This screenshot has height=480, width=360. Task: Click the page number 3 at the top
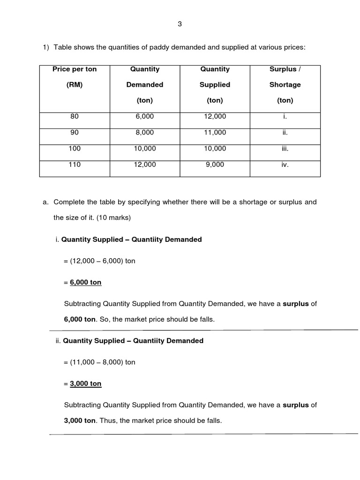coord(180,25)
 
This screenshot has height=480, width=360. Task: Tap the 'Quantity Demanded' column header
coord(145,84)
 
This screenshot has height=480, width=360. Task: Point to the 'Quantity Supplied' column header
coord(215,84)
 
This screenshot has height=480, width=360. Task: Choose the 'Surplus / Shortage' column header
coord(285,84)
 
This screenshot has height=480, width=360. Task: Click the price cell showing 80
coord(75,117)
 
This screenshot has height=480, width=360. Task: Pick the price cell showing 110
coord(75,165)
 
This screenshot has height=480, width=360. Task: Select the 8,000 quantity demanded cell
coord(145,133)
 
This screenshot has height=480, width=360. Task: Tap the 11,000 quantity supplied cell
coord(215,133)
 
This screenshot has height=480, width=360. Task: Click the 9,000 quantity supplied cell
coord(215,165)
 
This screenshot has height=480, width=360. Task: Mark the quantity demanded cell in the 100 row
coord(145,149)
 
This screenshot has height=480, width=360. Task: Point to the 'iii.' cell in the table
coord(285,149)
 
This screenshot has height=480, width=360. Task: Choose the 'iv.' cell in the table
coord(285,165)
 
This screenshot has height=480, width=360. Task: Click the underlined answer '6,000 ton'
coord(85,282)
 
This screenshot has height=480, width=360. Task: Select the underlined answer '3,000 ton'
coord(85,383)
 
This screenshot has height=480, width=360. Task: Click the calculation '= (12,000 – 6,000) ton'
coord(99,261)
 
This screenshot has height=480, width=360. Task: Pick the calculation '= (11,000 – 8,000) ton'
coord(99,362)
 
